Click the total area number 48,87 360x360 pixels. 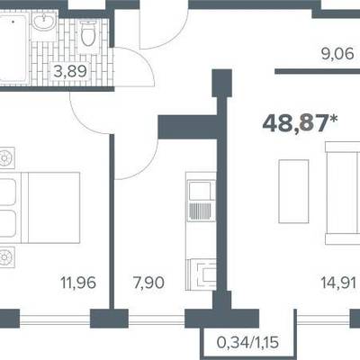point(294,124)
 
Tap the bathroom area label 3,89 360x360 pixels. point(70,71)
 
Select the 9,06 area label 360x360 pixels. point(337,54)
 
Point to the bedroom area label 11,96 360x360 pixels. point(78,283)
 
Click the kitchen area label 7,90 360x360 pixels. point(149,283)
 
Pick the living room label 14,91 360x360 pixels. point(338,283)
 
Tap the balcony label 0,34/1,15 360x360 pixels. point(247,343)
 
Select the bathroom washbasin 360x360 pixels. point(44,20)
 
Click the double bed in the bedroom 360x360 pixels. point(40,208)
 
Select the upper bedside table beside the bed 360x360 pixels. point(6,157)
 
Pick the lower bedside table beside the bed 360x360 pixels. point(6,256)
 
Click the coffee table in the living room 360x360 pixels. point(293,192)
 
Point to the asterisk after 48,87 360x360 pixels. point(333,119)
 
